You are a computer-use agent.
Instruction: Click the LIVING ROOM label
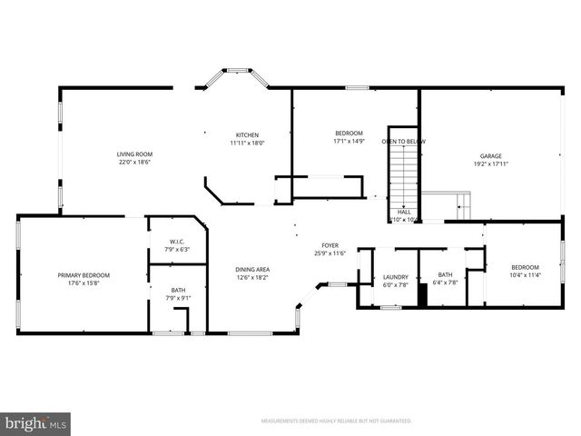coord(134,154)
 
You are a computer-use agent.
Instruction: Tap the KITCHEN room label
coord(246,134)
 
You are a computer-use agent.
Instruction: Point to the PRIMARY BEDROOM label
coord(84,275)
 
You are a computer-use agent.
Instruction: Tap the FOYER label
coord(330,245)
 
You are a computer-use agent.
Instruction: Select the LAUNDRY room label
coord(396,276)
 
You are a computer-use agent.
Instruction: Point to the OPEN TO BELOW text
coord(403,142)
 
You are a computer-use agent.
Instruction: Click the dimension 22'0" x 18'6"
coord(134,163)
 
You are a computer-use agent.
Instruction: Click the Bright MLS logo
coord(35,423)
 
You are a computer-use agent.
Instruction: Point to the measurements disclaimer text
coord(336,421)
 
